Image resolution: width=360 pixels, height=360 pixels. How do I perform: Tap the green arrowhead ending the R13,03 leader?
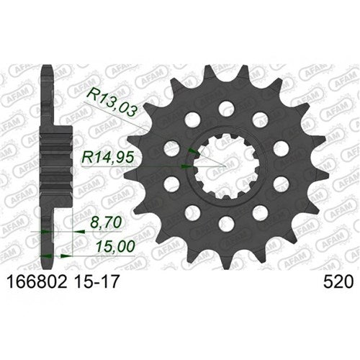pyautogui.click(x=192, y=150)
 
